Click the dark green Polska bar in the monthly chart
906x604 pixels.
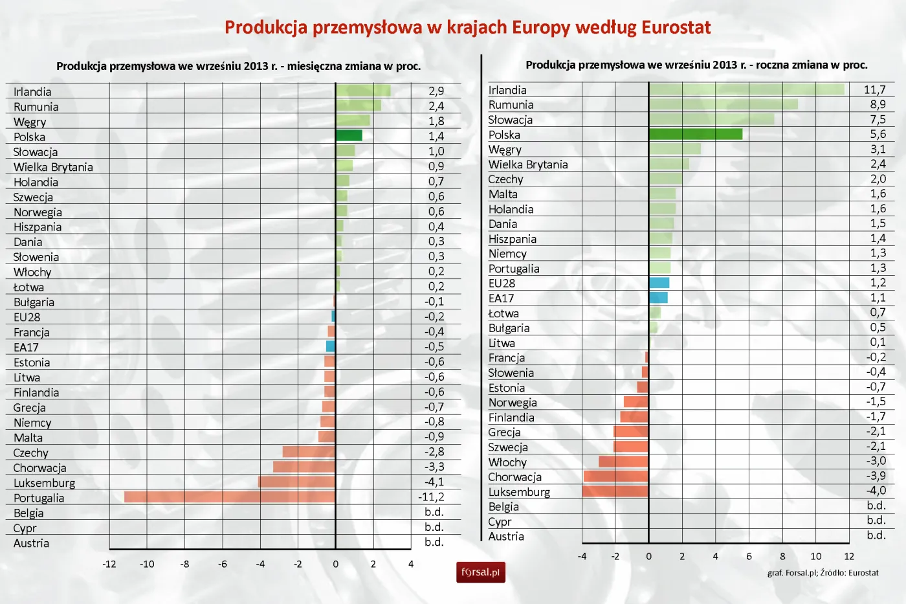coord(349,135)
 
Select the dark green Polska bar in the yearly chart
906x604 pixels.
coord(696,134)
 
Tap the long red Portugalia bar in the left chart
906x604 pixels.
coord(230,497)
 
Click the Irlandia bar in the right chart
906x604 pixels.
coord(746,89)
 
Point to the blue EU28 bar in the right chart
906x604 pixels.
coord(659,283)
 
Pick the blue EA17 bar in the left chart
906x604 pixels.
coord(331,346)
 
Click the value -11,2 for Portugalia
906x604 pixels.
coord(432,497)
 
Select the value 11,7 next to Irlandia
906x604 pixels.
coord(875,90)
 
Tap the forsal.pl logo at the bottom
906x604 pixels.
coord(480,572)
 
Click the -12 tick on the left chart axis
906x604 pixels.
coord(109,564)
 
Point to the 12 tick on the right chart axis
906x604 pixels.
coord(849,556)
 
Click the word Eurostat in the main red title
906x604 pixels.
coord(676,27)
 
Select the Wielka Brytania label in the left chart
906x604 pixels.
coord(53,167)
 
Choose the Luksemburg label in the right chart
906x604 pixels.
coord(519,492)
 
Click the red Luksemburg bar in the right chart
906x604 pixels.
coord(615,491)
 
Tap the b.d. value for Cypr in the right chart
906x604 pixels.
coord(876,520)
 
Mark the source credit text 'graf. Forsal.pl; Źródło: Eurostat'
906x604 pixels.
coord(823,573)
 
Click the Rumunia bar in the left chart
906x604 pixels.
coord(358,106)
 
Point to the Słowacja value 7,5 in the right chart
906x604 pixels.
coord(878,120)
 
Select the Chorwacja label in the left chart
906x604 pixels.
coord(39,468)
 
